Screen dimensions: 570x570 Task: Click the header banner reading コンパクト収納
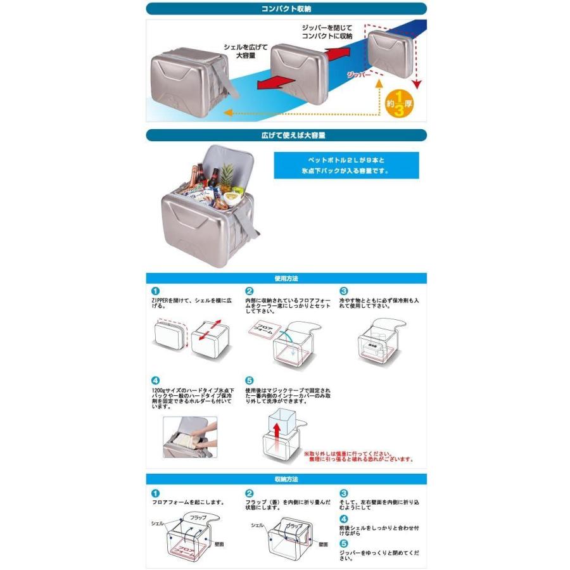pos(286,9)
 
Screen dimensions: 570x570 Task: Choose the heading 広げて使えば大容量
pos(286,135)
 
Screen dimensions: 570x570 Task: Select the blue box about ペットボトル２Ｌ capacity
pos(350,163)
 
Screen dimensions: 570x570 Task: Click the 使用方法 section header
pos(286,278)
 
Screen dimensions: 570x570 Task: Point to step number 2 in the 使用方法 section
pos(250,291)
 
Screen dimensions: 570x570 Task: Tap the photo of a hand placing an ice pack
pos(190,436)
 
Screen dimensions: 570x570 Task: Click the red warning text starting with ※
pos(358,457)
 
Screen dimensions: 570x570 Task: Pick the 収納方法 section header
pos(286,479)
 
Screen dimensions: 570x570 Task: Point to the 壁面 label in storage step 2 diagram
pos(323,544)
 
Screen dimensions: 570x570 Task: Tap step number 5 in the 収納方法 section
pos(344,543)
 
